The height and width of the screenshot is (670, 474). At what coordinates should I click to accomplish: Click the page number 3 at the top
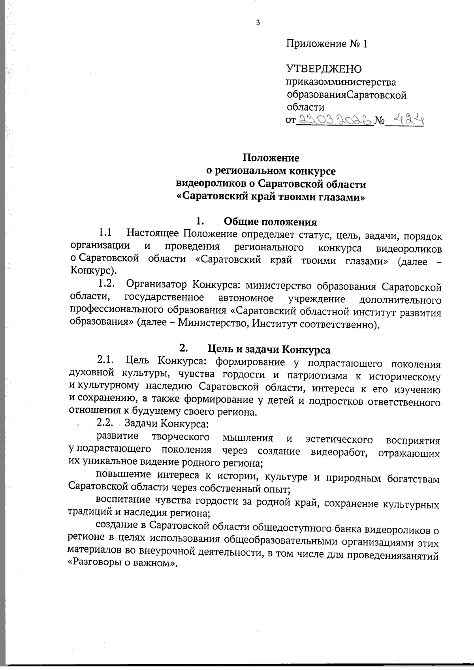tap(258, 23)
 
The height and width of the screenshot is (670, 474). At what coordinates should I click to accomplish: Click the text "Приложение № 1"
tap(327, 44)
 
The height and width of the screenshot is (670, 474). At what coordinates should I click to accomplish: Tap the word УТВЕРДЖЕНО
tap(324, 69)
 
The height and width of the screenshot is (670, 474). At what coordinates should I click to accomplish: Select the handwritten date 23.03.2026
tap(335, 119)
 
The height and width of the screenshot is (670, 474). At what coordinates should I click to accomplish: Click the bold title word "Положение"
tap(271, 158)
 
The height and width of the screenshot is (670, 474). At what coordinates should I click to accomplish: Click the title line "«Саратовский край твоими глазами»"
tap(271, 197)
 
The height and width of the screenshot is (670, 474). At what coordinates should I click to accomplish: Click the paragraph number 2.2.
tap(105, 423)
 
